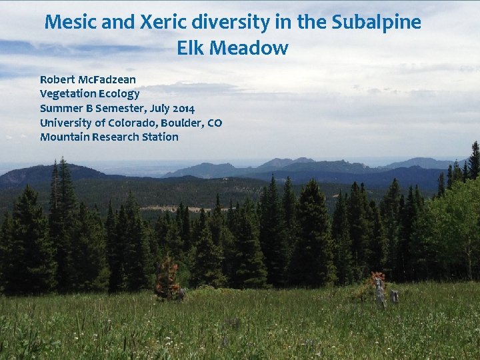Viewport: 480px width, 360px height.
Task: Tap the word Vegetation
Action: pos(68,94)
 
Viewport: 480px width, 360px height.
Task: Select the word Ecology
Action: pos(119,95)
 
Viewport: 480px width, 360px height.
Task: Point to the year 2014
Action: pos(181,108)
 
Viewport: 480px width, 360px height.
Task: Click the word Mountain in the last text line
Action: pos(64,137)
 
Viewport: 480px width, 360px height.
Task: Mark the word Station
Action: pos(162,137)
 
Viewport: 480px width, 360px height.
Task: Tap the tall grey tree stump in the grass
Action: pos(379,291)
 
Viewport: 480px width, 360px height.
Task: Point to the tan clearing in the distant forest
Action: pos(173,208)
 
